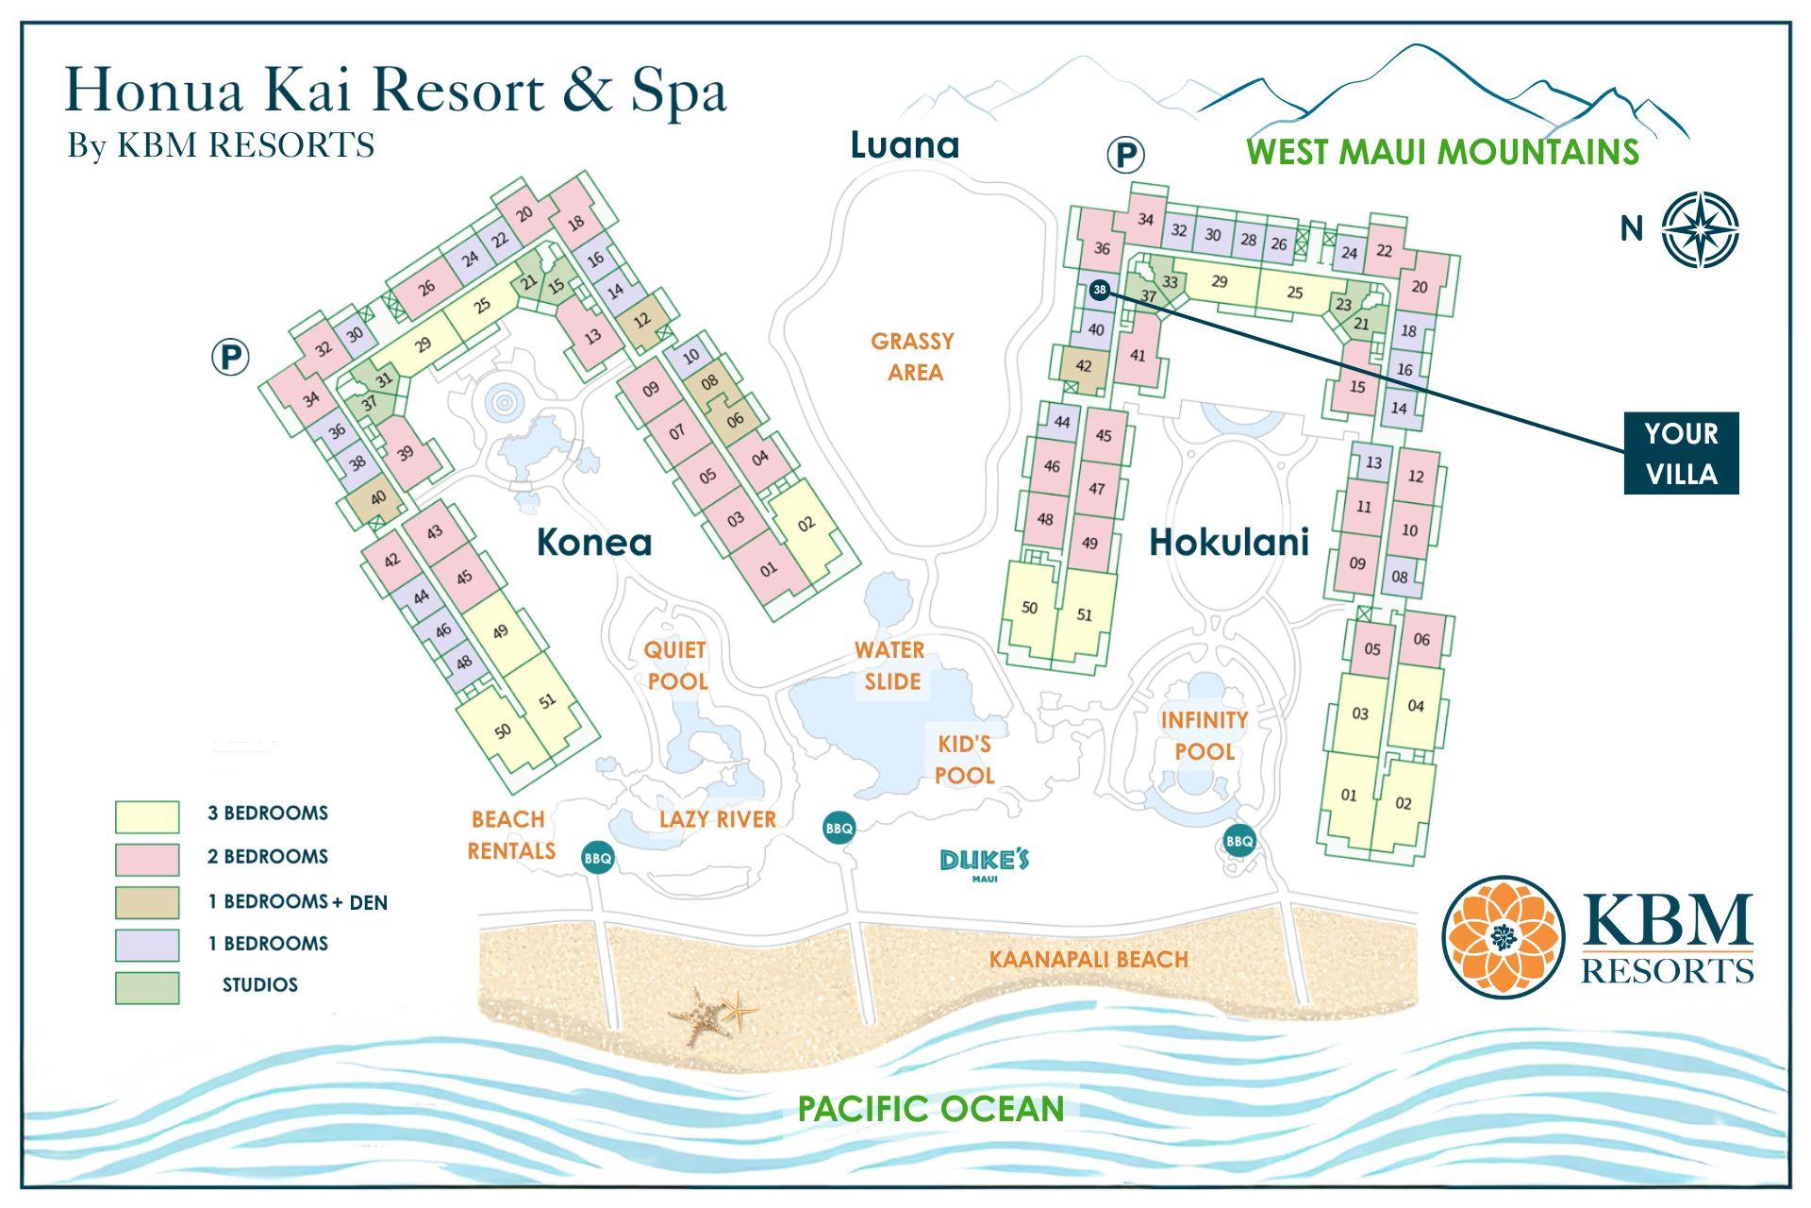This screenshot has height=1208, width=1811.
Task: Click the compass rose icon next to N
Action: tap(1700, 229)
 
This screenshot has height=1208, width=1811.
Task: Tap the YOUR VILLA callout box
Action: tap(1680, 453)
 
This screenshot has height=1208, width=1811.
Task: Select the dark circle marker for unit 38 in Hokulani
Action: tap(1100, 290)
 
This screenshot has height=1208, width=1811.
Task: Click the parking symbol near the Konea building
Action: tap(230, 358)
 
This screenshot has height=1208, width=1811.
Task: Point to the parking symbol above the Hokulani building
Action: tap(1124, 154)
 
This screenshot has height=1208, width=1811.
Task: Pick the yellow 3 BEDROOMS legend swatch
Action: tap(147, 816)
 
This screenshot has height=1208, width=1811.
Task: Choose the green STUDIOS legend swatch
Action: tap(147, 987)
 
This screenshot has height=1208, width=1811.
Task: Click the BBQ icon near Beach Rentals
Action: tap(598, 858)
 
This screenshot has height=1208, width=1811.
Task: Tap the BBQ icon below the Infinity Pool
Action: tap(1238, 840)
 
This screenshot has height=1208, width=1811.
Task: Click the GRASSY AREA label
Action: tap(912, 356)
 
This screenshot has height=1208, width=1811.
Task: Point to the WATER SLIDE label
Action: tap(889, 665)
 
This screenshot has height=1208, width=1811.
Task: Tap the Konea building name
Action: tap(593, 542)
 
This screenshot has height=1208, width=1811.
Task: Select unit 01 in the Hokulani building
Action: tap(1349, 795)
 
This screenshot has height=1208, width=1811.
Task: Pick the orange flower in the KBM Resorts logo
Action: tap(1503, 936)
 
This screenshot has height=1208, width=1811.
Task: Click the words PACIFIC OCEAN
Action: tap(930, 1108)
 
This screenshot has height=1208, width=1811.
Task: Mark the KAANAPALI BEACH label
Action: tap(1088, 960)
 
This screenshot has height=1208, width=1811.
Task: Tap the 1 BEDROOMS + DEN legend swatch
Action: tap(147, 902)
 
